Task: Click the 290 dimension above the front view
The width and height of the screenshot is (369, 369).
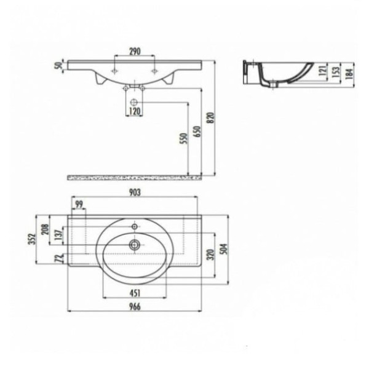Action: coord(135,51)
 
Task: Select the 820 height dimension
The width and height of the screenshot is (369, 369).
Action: coord(211,117)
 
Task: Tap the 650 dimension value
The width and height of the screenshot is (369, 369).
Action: coord(198,132)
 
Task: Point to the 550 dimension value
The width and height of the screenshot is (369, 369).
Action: coord(184,138)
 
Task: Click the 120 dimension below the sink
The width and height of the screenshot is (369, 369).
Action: coord(134,111)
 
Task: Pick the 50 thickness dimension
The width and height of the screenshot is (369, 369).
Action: coord(58,65)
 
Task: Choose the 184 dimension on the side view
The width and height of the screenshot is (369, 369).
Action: coord(350,73)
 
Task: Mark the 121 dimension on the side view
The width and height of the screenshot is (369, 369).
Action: coord(323,70)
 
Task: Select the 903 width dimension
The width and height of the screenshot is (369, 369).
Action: coord(135,192)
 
